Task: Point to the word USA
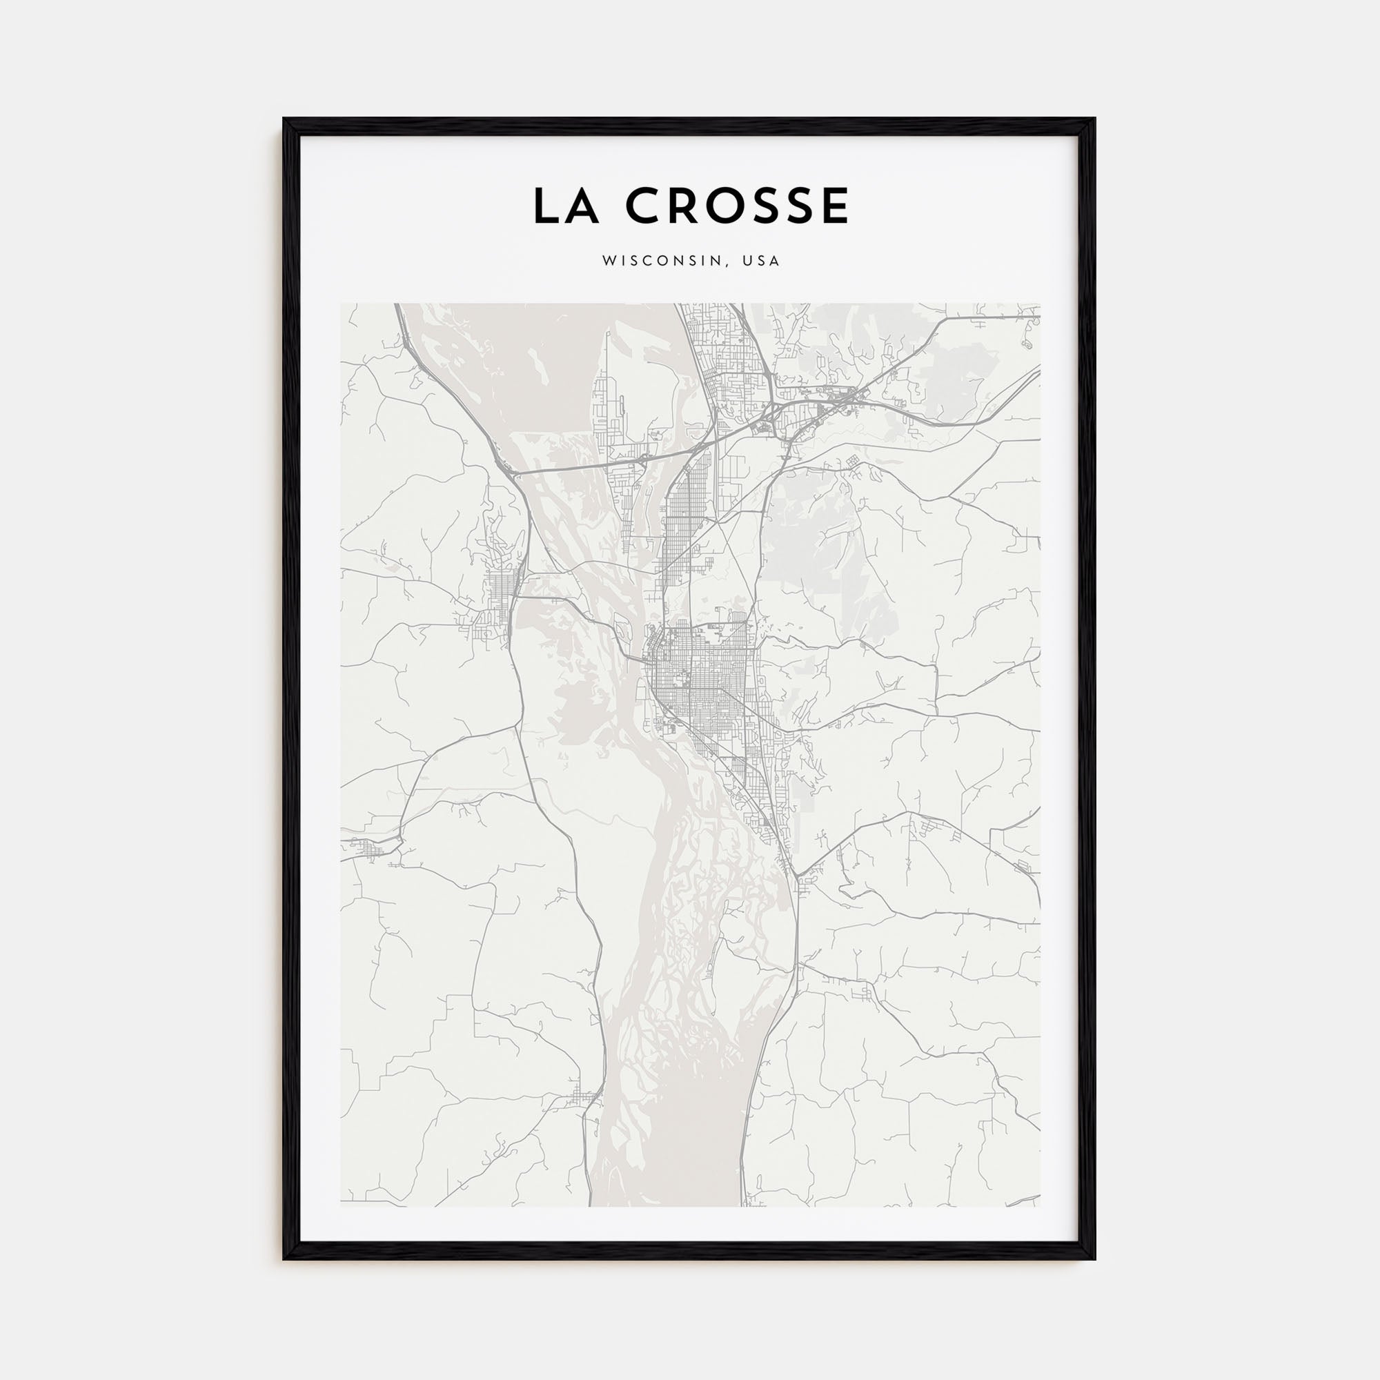point(762,262)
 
